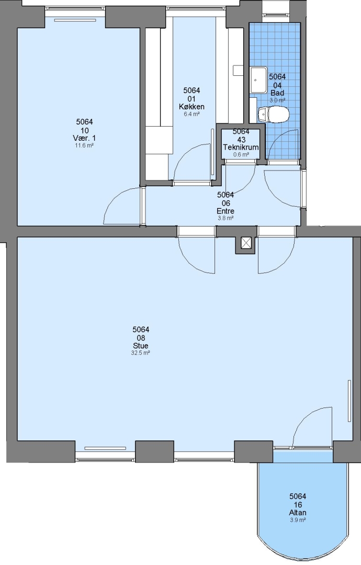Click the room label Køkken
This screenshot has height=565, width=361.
pos(191,107)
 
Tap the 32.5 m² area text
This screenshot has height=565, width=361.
pos(141,353)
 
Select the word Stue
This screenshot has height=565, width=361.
pos(141,346)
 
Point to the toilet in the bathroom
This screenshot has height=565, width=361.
pos(274,114)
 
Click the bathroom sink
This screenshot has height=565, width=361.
pos(258,80)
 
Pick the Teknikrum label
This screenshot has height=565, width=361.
pos(241,148)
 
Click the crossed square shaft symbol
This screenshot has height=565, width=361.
pos(246,243)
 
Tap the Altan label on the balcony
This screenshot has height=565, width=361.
pos(298,513)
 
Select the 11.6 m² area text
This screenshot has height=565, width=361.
pos(84,145)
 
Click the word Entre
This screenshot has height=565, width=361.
pos(225,211)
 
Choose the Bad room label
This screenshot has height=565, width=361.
pos(277,93)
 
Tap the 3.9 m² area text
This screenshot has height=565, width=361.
pos(298,520)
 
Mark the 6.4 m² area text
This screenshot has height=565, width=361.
pos(191,114)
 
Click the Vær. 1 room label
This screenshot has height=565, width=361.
pos(84,138)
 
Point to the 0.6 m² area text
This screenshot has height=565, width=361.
pos(241,154)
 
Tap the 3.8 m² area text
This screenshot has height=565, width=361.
pos(225,218)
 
